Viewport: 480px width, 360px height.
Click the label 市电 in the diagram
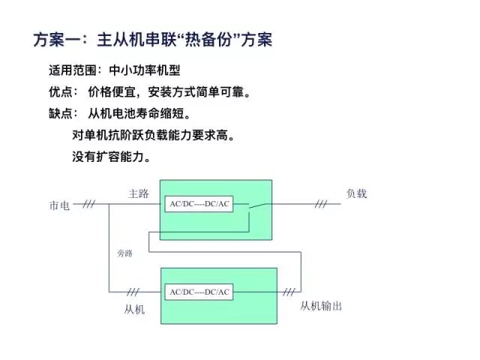tap(60, 205)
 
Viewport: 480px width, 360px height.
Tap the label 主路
tap(138, 193)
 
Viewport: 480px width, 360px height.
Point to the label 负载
tap(356, 193)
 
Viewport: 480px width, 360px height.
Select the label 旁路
tap(124, 253)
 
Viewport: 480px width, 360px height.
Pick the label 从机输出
tap(322, 306)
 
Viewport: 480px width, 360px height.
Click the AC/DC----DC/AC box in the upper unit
tap(199, 204)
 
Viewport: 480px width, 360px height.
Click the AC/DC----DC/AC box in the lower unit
tap(199, 291)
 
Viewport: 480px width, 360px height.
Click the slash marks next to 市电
tap(89, 204)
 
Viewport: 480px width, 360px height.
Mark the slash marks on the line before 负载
tap(321, 204)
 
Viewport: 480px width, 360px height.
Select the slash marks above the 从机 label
tap(135, 292)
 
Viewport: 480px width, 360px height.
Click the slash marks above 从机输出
tap(288, 292)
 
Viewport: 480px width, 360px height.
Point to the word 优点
tap(62, 93)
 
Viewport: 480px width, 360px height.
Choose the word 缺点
tap(62, 115)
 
